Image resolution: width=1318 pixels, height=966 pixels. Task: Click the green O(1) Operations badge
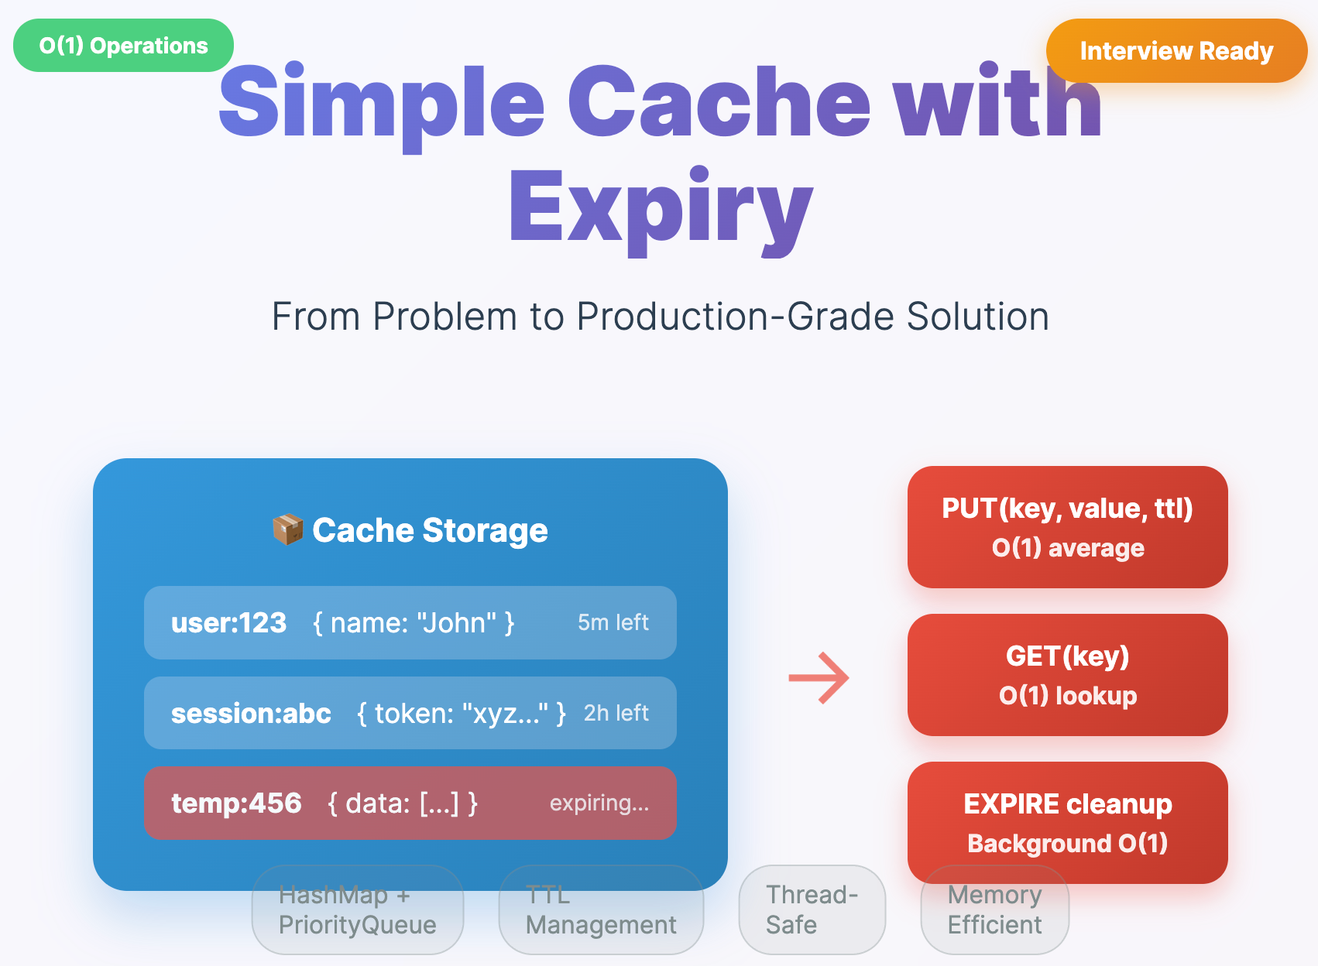(x=123, y=46)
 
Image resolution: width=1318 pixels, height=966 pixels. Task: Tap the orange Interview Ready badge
(x=1176, y=51)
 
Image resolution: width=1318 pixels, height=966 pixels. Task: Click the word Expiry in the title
(x=660, y=207)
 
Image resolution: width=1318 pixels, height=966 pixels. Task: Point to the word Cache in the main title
(x=719, y=103)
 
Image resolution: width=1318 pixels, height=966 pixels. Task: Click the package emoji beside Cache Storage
(x=287, y=530)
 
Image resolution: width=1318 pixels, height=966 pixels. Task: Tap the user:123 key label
(x=228, y=623)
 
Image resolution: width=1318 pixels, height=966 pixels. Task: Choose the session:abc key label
(x=251, y=713)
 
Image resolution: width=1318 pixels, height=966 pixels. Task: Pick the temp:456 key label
(x=236, y=803)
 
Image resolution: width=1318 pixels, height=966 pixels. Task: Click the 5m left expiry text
(x=613, y=622)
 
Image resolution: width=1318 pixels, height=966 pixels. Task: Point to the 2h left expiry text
(x=616, y=713)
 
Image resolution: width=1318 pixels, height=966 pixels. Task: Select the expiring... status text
(x=599, y=803)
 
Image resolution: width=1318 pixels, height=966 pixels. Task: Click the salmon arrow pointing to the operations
(x=819, y=678)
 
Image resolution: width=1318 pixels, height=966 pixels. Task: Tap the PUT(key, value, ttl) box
(x=1067, y=527)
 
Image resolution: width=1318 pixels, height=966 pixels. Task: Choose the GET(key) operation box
(x=1067, y=675)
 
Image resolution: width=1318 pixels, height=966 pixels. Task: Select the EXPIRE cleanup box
(x=1067, y=822)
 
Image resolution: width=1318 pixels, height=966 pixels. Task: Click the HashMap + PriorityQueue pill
(x=357, y=910)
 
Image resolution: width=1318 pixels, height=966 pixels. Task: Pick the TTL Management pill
(x=601, y=910)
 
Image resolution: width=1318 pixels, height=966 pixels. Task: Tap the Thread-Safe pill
(x=812, y=910)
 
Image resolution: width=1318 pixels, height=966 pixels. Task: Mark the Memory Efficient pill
(x=994, y=910)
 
